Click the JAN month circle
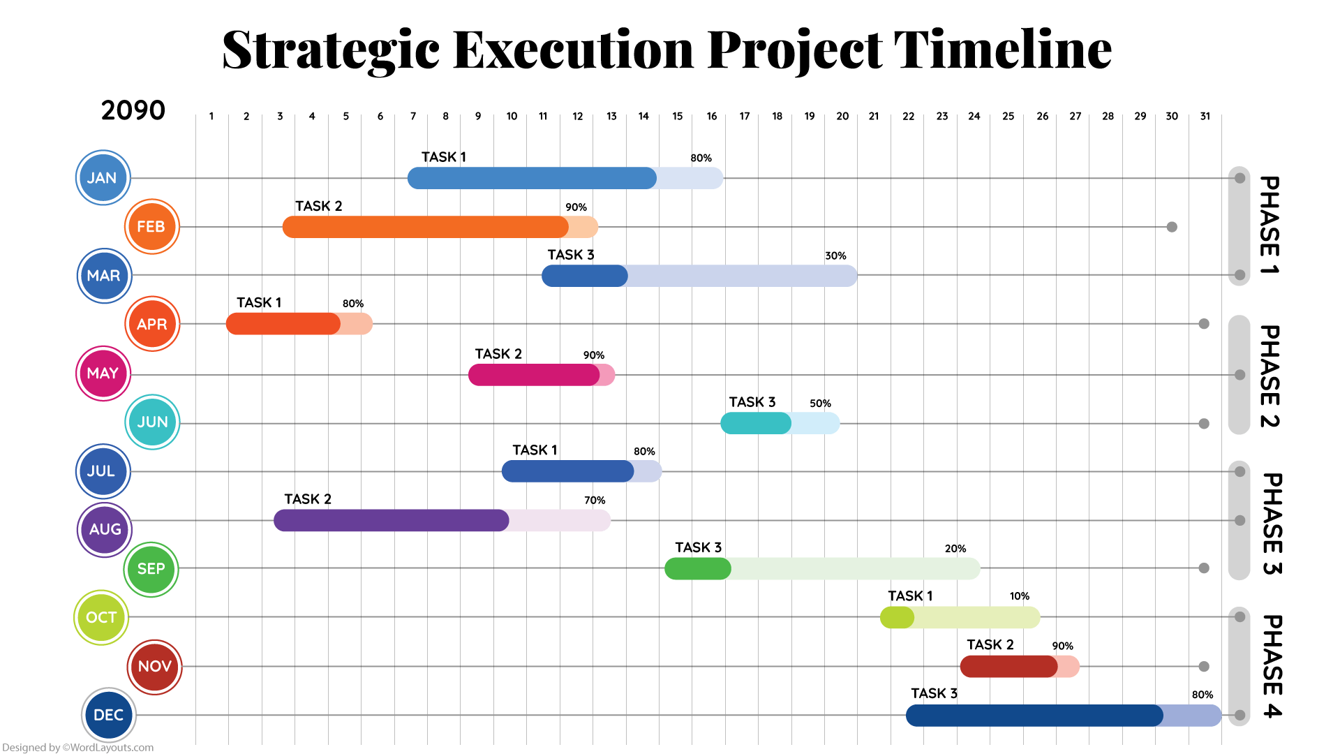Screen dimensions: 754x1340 coord(103,178)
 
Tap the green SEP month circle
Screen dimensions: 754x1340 coord(151,569)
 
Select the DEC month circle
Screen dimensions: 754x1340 coord(108,715)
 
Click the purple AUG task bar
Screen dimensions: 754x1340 coord(441,520)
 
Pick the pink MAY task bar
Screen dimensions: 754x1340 coord(541,375)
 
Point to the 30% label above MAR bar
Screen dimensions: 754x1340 coord(835,256)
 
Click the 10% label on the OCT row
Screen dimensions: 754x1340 coord(1019,596)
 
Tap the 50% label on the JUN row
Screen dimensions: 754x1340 coord(820,404)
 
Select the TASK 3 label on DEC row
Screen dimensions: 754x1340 coord(934,693)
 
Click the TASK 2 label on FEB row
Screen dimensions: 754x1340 coord(318,206)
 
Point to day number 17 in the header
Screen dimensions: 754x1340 coord(745,117)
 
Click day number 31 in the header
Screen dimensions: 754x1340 coord(1205,117)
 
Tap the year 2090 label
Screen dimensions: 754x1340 coord(133,110)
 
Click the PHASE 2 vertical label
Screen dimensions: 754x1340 coord(1270,376)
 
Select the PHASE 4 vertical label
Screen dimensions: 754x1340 coord(1272,666)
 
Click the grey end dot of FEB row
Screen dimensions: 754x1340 coord(1172,227)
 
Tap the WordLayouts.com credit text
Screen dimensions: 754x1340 coord(77,747)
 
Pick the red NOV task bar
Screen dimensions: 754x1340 coord(1019,667)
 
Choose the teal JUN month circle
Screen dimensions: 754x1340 coord(152,422)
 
